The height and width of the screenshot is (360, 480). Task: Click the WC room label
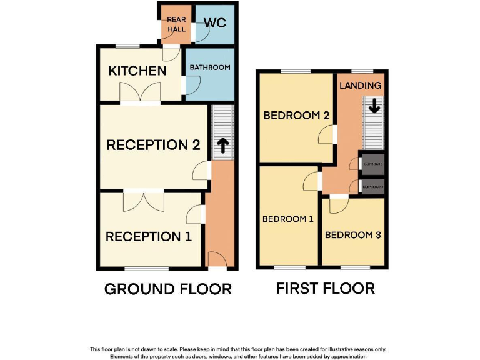coord(215,24)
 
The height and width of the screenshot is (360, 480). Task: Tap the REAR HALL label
coord(176,25)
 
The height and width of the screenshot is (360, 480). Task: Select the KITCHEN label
coord(137,71)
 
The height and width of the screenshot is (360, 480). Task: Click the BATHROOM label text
coord(210,67)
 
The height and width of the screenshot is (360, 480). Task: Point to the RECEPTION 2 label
coord(153,145)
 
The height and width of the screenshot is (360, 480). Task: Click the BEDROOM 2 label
coord(296,116)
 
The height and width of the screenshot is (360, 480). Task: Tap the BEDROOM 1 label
coord(287,219)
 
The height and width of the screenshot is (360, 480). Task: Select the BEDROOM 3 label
coord(352,236)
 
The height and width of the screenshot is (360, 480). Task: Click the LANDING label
coord(360,86)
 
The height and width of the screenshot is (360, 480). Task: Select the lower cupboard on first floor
coord(373,187)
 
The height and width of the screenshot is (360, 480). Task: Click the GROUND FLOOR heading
coord(167,289)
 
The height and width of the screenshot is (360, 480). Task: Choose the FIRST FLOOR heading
coord(325,288)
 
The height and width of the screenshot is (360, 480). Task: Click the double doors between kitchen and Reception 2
coord(141,94)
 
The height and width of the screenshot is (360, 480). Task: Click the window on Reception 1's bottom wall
coord(146,269)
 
